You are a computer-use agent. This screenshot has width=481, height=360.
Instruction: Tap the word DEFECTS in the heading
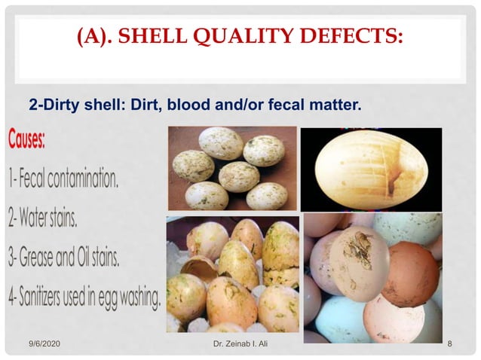click(x=348, y=36)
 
